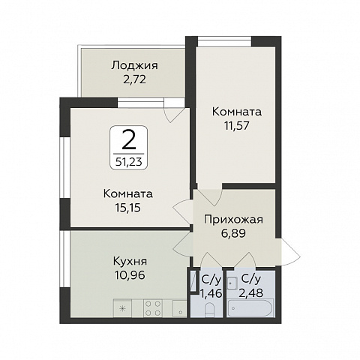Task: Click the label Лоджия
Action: (x=133, y=64)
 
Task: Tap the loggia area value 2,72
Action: (x=133, y=78)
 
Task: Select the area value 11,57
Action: (x=232, y=125)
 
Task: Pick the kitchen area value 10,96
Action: (x=126, y=274)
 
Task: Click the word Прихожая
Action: (x=232, y=220)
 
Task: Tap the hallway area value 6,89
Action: (x=232, y=233)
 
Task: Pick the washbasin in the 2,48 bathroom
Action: (x=234, y=283)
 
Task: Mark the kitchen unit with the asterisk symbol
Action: (x=123, y=307)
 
